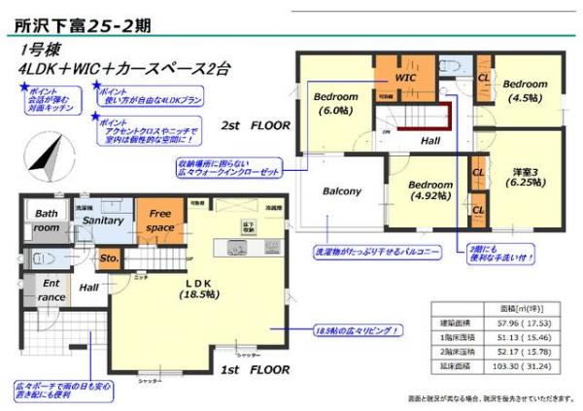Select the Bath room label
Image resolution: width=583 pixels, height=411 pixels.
click(46, 220)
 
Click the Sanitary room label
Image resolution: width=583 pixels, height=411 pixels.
click(102, 221)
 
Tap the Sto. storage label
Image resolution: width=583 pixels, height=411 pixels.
click(109, 258)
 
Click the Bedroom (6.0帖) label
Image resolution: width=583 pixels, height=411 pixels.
click(337, 103)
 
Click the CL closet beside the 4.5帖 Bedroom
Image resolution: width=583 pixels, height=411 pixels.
click(483, 78)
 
